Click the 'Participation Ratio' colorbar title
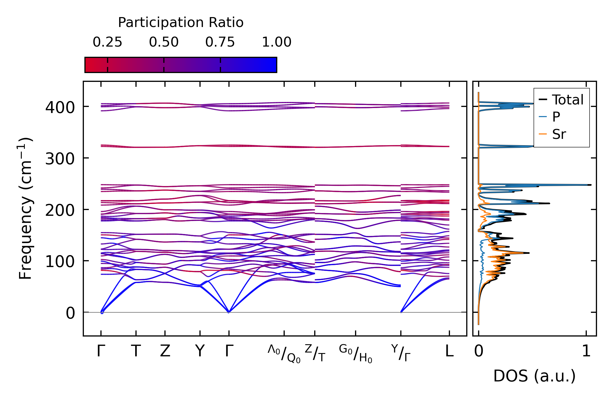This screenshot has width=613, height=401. tap(181, 23)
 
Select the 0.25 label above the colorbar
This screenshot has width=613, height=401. tap(107, 42)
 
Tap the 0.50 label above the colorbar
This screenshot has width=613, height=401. tap(164, 42)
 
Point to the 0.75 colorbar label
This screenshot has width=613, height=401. tap(220, 42)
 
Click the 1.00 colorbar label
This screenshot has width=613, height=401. tap(276, 42)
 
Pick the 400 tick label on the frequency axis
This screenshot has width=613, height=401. tap(60, 107)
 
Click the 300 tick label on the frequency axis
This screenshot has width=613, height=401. tap(60, 159)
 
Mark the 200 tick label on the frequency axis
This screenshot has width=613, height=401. tap(60, 211)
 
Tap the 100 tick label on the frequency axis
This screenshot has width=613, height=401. tap(60, 262)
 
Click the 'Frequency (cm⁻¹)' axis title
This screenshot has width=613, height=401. tap(26, 208)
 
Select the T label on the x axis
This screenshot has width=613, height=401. tap(136, 351)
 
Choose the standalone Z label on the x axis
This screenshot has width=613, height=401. tap(165, 351)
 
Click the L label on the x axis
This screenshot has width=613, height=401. tap(449, 351)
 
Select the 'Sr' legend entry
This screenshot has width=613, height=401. tap(559, 134)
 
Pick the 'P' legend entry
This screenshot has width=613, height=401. tap(556, 117)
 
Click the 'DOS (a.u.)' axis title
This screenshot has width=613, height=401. tap(534, 376)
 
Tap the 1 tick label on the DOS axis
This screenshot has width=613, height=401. tap(586, 351)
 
